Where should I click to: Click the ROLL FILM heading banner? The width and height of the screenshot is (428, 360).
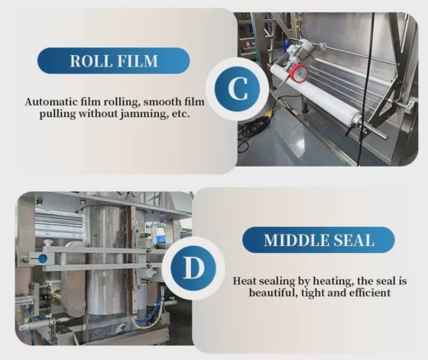point(114,60)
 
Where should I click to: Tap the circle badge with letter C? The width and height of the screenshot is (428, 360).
point(238,89)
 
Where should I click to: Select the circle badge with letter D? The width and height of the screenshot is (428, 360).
point(193,268)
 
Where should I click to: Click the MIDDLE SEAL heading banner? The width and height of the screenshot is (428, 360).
point(318,240)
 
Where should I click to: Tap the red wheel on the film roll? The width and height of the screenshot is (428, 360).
point(299,73)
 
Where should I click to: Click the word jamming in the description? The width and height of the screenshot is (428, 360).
point(144,114)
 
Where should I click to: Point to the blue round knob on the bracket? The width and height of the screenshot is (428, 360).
point(42,258)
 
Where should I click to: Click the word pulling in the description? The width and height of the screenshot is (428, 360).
point(57,114)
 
